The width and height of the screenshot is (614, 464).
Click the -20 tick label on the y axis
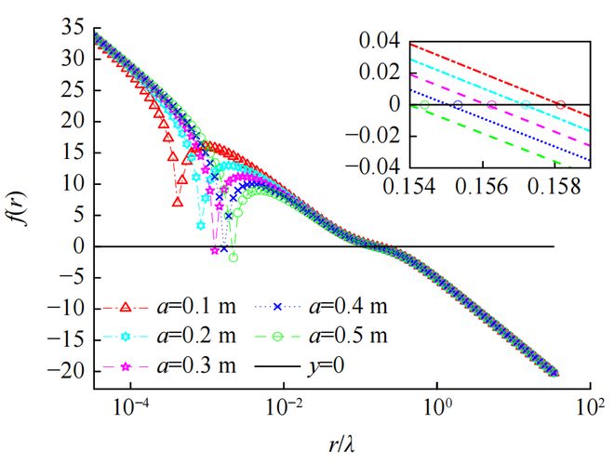67,372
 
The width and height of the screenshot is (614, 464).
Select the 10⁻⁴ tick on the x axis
131,405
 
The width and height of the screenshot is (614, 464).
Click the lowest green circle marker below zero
234,258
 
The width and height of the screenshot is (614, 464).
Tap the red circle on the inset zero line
560,104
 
